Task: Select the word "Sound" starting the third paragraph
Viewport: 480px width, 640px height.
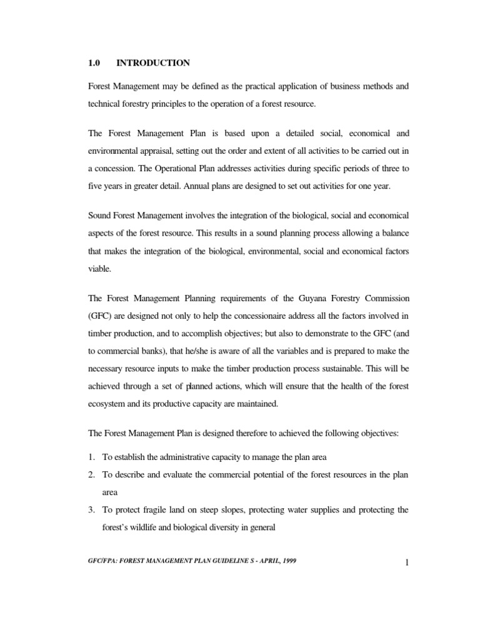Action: (100, 215)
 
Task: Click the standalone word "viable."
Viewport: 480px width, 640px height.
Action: (99, 267)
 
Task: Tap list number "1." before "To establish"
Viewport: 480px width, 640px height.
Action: (91, 457)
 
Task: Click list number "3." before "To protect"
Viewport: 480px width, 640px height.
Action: (91, 509)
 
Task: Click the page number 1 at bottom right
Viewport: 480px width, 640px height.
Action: (406, 563)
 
